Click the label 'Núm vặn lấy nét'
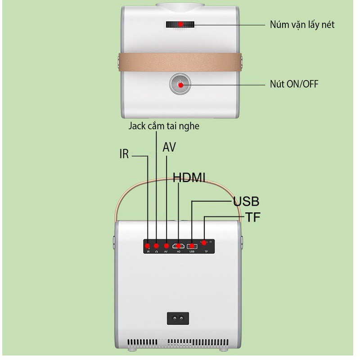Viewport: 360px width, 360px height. (302, 24)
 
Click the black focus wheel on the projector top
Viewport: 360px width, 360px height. (180, 24)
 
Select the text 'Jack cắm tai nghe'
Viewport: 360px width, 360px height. (164, 126)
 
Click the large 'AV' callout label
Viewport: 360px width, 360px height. (169, 148)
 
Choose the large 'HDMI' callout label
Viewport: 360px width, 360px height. (189, 178)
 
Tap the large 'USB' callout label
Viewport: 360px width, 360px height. (246, 201)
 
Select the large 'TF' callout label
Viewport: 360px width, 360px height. (253, 218)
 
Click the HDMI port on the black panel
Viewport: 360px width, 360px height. (180, 246)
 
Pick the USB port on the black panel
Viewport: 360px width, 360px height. (193, 246)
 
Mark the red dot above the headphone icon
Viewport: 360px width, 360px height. (157, 246)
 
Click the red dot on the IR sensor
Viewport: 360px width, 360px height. (148, 246)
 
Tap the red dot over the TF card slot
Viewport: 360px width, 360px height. (205, 243)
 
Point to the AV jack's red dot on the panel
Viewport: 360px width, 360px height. (167, 246)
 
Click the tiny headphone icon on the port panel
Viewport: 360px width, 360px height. (157, 252)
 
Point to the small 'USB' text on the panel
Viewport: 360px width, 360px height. (193, 252)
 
